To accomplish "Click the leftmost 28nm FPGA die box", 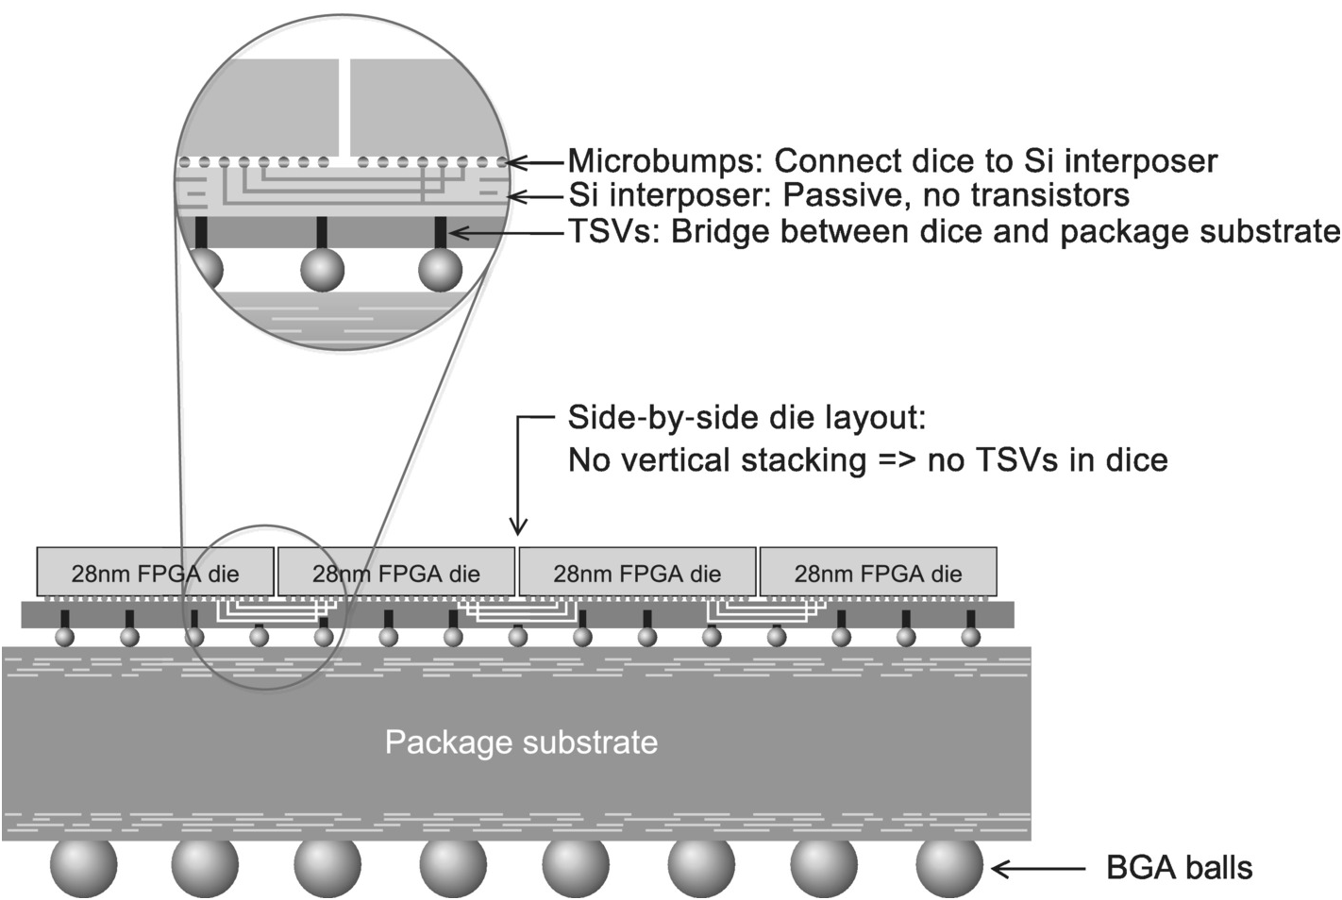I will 155,572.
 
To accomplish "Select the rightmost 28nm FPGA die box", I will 878,572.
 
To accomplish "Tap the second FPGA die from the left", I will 395,572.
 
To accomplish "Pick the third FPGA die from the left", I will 637,572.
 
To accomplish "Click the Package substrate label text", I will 521,742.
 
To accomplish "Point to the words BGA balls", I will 1179,868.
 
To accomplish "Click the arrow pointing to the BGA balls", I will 1038,869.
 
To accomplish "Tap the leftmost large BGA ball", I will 84,865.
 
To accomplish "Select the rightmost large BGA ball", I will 949,865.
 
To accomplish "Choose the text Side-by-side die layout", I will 746,418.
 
